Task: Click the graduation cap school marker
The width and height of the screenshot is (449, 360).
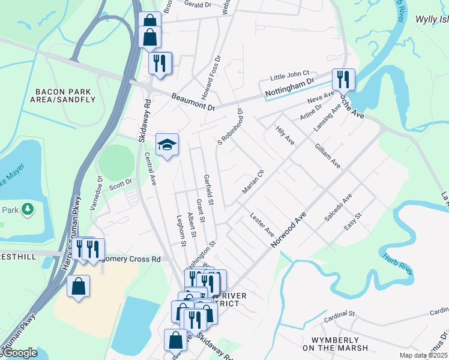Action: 167,145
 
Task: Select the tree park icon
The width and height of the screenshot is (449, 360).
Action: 27,209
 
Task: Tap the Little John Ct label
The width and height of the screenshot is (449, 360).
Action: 289,76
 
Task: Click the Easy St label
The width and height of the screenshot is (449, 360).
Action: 354,223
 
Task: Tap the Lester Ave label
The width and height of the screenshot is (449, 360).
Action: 262,224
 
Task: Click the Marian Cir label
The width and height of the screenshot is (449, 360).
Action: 253,182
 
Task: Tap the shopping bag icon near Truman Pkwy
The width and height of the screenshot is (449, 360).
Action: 78,287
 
